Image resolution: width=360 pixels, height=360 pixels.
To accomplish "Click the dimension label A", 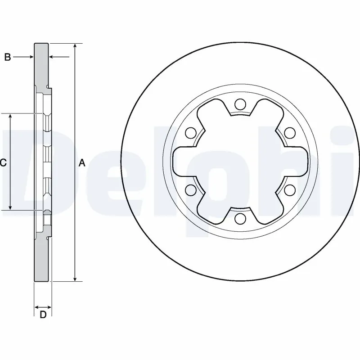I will coord(82,163).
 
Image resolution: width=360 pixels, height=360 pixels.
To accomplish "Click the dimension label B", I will coord(7,57).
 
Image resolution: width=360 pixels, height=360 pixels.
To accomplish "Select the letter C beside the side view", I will coord(3,163).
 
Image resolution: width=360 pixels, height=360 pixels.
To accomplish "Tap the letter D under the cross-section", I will coord(43,315).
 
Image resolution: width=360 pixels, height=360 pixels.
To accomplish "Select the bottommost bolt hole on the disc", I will coord(240,219).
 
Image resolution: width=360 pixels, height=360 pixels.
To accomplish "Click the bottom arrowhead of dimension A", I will coord(75,278).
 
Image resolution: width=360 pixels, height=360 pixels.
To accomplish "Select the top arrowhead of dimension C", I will coord(10,117).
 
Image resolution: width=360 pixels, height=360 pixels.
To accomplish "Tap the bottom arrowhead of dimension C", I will coord(10,207).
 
